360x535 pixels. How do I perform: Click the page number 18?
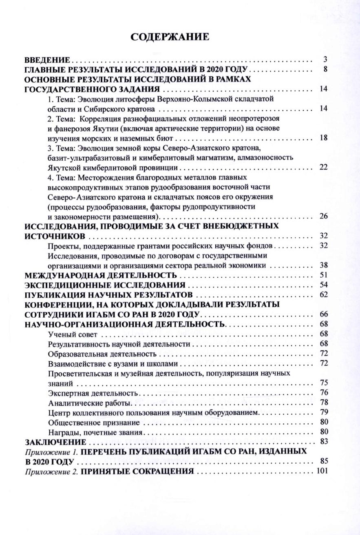[324, 137]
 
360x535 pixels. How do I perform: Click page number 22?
[324, 167]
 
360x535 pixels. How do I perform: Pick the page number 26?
[324, 216]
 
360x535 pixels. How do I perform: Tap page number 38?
[324, 265]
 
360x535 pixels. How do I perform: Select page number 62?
[324, 294]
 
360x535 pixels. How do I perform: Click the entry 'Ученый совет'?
[73, 335]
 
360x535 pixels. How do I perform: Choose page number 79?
[324, 413]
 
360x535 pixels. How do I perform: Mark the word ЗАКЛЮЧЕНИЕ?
[55, 442]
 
